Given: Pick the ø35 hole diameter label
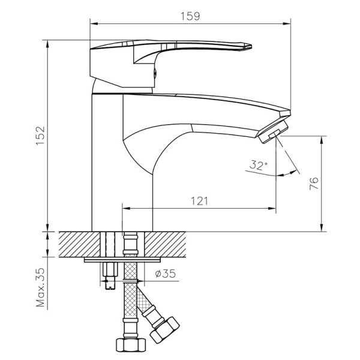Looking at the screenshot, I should [164, 275].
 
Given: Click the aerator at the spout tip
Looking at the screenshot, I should [273, 133].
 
